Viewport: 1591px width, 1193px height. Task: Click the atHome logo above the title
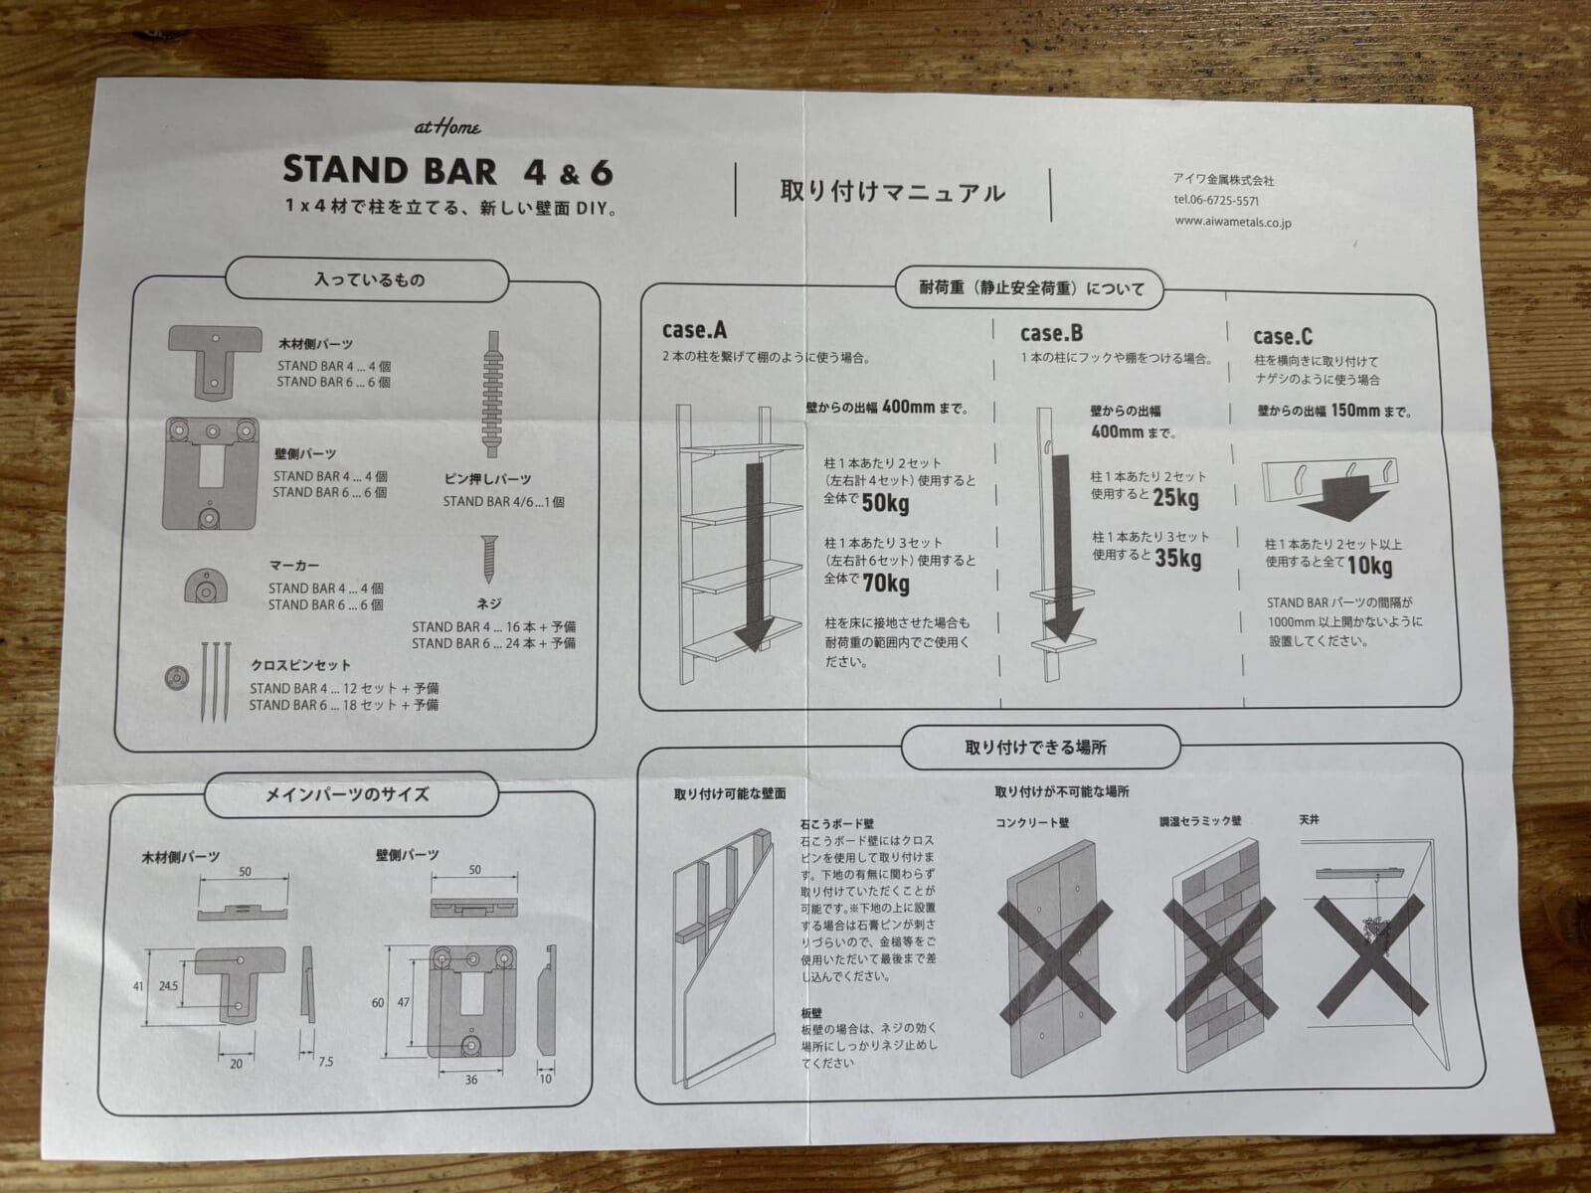(447, 127)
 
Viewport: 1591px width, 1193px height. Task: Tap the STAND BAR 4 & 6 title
(447, 172)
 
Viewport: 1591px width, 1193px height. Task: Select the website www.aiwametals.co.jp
(1233, 223)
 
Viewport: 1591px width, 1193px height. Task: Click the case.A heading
(694, 330)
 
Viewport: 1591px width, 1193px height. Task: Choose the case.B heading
(1051, 333)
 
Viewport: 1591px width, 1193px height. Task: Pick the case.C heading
(1282, 337)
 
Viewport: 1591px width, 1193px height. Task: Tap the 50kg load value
(885, 503)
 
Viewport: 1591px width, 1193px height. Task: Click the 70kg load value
(886, 584)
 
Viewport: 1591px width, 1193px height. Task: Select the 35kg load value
(1178, 559)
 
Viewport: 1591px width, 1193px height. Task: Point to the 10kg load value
(1369, 566)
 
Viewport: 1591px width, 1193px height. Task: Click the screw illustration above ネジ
(489, 559)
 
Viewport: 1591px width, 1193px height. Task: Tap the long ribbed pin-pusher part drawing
(493, 395)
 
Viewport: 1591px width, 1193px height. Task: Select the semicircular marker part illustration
(207, 586)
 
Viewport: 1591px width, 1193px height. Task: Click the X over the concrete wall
(1055, 961)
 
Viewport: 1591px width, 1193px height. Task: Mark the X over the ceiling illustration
(1370, 955)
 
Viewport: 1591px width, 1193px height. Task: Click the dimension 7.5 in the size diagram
(325, 1062)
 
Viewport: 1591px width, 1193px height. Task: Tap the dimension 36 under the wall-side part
(471, 1080)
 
